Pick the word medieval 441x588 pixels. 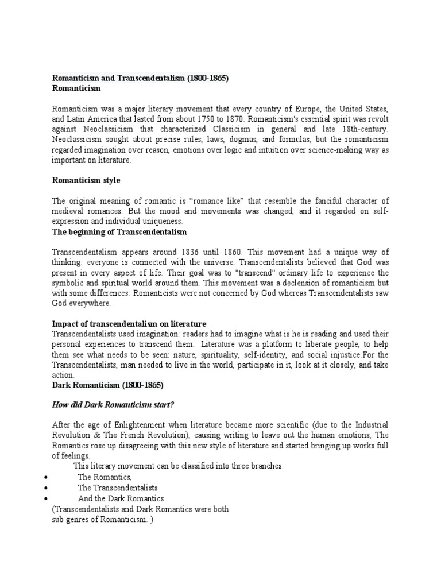(67, 211)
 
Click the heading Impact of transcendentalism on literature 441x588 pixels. (129, 324)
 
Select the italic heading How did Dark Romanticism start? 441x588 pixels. (113, 404)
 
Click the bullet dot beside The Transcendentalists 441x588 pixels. (45, 488)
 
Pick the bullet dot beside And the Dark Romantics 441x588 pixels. (45, 498)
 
